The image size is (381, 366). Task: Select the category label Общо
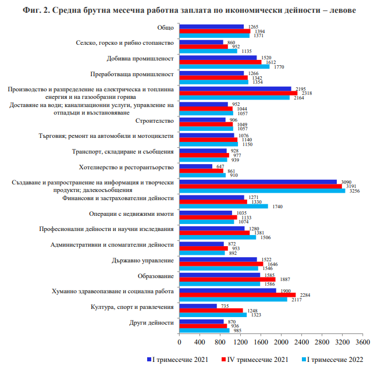(165, 28)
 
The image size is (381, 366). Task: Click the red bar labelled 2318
(238, 93)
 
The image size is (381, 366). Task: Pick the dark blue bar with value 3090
(258, 182)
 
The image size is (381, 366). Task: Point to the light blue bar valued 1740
(223, 206)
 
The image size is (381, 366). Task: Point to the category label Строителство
(154, 120)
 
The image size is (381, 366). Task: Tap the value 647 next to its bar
(220, 166)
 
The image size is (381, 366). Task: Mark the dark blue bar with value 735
(198, 305)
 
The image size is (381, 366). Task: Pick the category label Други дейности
(152, 322)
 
